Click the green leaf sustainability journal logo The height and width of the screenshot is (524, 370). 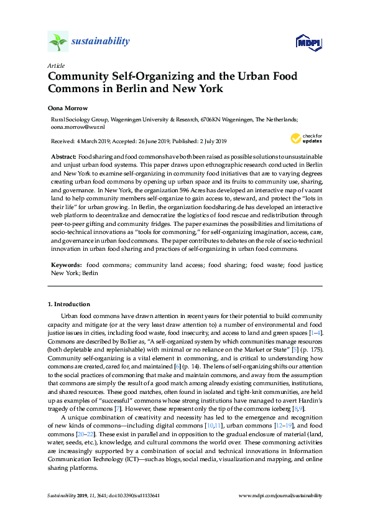(x=58, y=42)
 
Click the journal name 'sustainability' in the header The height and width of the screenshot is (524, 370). (x=101, y=42)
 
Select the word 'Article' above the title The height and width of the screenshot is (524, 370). (x=55, y=65)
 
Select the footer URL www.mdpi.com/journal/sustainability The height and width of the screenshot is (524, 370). (x=280, y=495)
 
